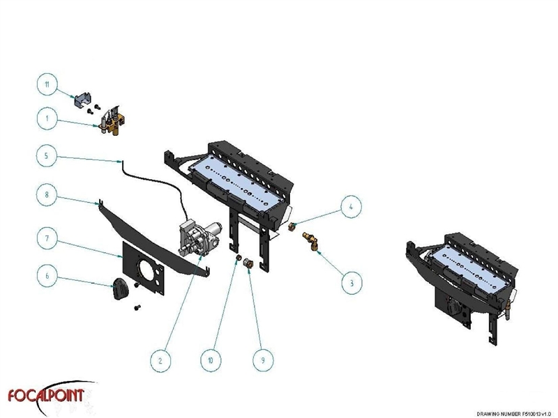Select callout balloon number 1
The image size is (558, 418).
(x=47, y=119)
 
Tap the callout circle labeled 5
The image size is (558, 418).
(x=47, y=156)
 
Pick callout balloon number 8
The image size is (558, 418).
(x=47, y=196)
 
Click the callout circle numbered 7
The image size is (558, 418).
(x=47, y=238)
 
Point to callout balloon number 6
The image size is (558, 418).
(x=47, y=277)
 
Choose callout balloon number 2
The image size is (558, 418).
(x=160, y=360)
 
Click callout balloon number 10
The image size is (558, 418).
(x=210, y=360)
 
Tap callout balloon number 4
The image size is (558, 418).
(x=352, y=206)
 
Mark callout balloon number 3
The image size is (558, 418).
(x=352, y=283)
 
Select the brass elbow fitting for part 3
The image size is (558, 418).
(x=311, y=241)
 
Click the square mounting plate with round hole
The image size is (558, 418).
(x=145, y=264)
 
